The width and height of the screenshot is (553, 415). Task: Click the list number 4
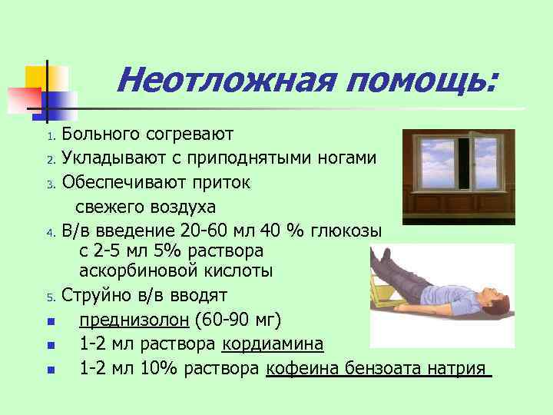[x=49, y=231]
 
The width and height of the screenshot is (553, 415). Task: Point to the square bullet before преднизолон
[x=50, y=321]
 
